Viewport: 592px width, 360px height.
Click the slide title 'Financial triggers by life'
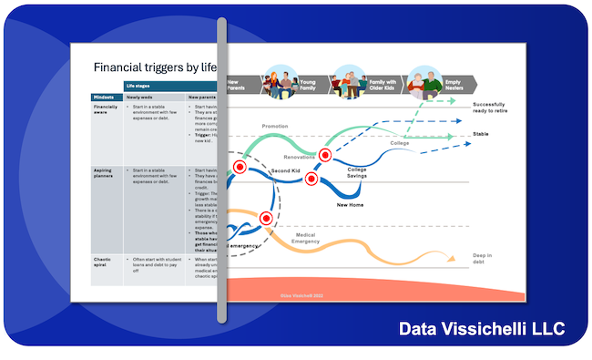pos(155,67)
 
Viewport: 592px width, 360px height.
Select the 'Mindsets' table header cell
pos(103,97)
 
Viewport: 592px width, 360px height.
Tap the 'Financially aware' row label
pos(106,109)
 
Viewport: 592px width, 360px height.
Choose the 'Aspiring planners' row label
pos(105,173)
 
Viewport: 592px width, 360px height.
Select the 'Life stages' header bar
pos(138,85)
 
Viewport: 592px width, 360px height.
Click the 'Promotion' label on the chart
pos(274,127)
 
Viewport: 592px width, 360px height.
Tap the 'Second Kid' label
pos(286,170)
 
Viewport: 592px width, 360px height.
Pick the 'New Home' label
pos(352,205)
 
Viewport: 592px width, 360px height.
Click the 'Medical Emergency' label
pos(305,239)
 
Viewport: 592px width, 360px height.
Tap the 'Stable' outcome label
pos(482,134)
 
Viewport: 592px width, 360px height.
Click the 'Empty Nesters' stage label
pos(453,85)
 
